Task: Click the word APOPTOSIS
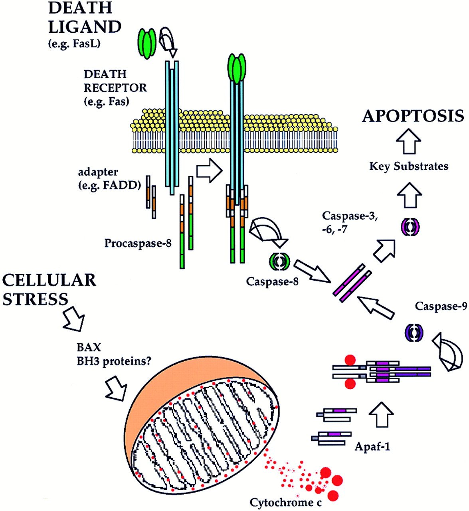pyautogui.click(x=413, y=116)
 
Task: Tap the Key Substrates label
pyautogui.click(x=409, y=166)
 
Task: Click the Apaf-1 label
pyautogui.click(x=372, y=446)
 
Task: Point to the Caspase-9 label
pyautogui.click(x=441, y=307)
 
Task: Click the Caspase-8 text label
pyautogui.click(x=272, y=282)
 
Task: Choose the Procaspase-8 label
pyautogui.click(x=138, y=243)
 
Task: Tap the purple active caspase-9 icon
pyautogui.click(x=414, y=332)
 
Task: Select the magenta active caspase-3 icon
pyautogui.click(x=410, y=228)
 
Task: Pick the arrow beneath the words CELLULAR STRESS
pyautogui.click(x=74, y=320)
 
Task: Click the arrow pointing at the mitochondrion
pyautogui.click(x=116, y=388)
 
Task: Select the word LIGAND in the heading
pyautogui.click(x=85, y=27)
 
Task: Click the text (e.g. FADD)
pyautogui.click(x=110, y=185)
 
